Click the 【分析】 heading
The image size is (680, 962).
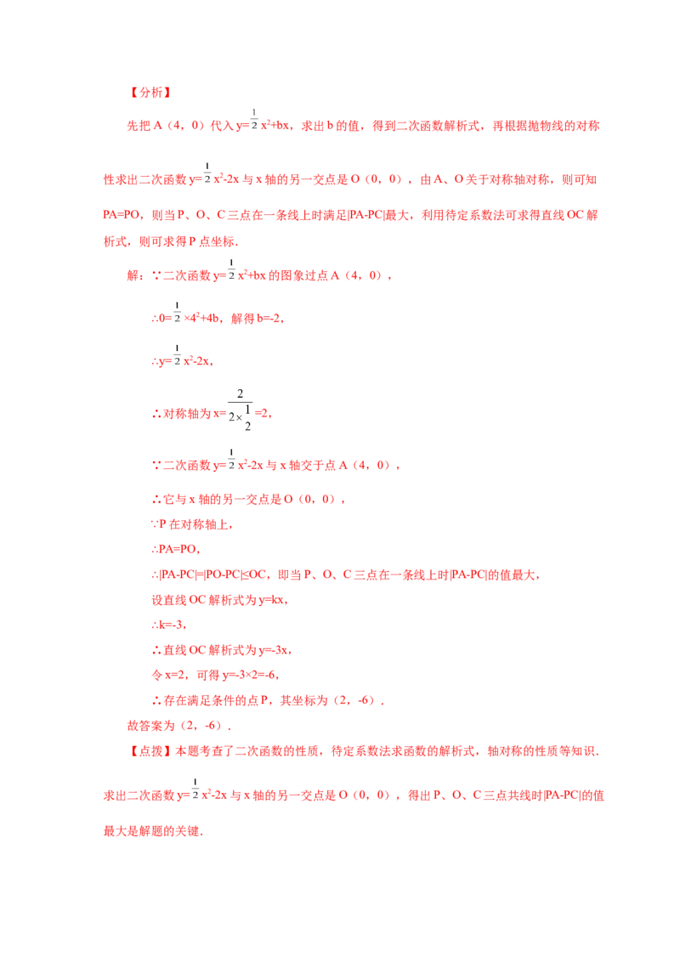coord(150,93)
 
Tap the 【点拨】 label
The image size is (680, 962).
coord(150,751)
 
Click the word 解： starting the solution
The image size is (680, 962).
coord(136,275)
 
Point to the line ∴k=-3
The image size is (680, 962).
coord(168,625)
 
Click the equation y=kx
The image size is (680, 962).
coord(272,599)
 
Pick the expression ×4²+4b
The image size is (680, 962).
coord(201,319)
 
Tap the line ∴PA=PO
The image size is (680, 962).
coord(175,549)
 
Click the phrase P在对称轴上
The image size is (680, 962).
coord(195,524)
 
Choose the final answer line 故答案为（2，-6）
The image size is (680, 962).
coord(178,726)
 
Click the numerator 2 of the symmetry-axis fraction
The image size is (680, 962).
coord(240,393)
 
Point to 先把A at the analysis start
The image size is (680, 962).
coord(144,126)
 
